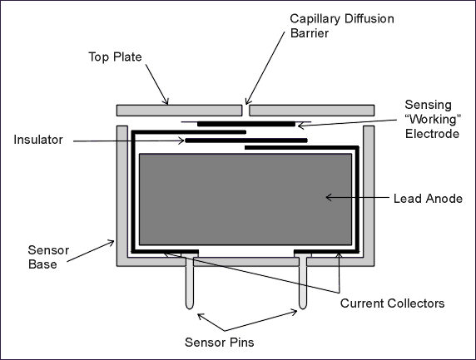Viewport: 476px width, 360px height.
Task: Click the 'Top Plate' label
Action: click(115, 57)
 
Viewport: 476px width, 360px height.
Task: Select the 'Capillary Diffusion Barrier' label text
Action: click(342, 26)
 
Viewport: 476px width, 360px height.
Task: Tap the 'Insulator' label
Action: click(38, 140)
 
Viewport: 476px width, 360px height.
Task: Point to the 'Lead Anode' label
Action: click(428, 199)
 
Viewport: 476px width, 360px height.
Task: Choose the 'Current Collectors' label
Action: click(392, 303)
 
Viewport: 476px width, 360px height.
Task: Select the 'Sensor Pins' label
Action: click(219, 342)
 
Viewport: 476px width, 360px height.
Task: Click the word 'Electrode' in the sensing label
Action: click(432, 134)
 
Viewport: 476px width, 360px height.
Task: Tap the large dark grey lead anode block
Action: click(245, 200)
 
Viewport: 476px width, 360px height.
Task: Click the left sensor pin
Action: click(190, 282)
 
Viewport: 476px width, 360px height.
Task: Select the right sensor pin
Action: click(303, 282)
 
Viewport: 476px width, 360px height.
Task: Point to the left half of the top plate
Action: click(180, 111)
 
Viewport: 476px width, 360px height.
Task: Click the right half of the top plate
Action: click(312, 111)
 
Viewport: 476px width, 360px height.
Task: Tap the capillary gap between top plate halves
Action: click(245, 111)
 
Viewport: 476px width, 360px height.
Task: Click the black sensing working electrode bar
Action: click(246, 124)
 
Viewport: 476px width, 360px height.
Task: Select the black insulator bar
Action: click(246, 141)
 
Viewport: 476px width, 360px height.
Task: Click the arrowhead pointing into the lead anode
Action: click(329, 197)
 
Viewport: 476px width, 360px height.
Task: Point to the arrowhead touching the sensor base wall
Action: click(111, 243)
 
